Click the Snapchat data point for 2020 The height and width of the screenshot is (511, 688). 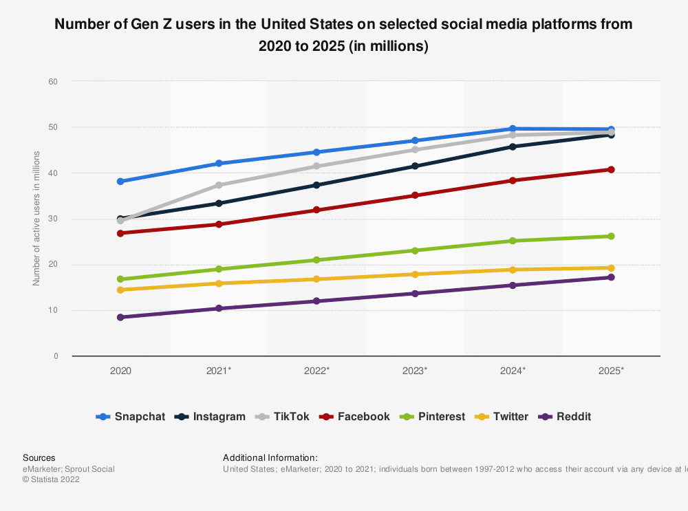(120, 182)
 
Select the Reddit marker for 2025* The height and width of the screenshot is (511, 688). (611, 277)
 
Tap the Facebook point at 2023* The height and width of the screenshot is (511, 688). (415, 195)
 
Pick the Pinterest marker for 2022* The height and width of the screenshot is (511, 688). (316, 260)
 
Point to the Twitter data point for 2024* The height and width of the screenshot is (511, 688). (513, 270)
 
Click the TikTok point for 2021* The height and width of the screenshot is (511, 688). (219, 185)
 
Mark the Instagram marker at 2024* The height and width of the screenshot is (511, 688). (513, 146)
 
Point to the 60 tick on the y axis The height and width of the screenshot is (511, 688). (53, 81)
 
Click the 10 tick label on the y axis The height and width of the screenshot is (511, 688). (53, 310)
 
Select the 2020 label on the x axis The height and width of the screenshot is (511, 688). (120, 371)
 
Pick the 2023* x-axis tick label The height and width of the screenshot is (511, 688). (415, 371)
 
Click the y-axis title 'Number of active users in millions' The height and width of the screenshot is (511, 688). (36, 219)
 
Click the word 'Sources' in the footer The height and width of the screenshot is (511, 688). (39, 458)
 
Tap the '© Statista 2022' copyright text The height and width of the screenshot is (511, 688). (51, 480)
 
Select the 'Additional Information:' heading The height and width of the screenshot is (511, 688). (270, 458)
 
